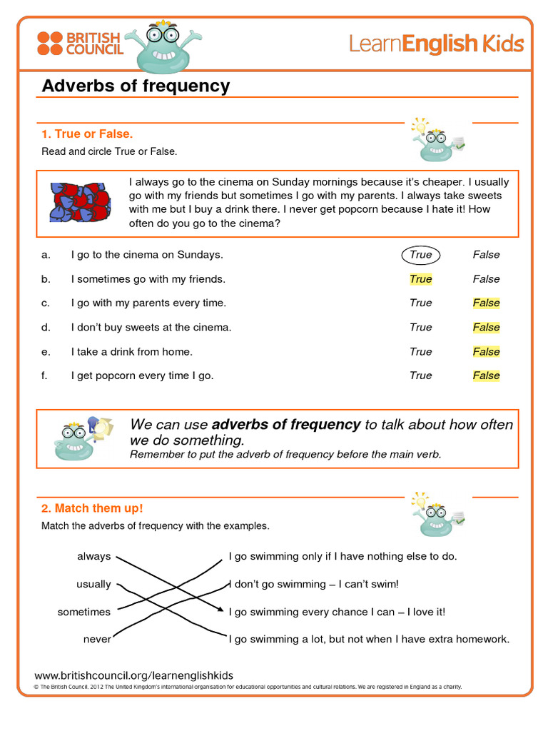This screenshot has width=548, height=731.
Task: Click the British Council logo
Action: [79, 44]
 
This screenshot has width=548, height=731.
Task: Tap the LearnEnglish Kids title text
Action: [436, 44]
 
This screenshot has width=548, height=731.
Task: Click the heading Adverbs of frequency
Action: [136, 86]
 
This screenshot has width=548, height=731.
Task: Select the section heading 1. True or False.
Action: [87, 134]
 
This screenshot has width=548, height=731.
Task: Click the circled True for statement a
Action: [421, 255]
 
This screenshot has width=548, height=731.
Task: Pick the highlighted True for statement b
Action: [421, 279]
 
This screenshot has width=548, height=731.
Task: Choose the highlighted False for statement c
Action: [486, 303]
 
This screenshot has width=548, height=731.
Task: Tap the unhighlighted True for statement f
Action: [421, 375]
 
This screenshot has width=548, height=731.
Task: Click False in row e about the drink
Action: [486, 351]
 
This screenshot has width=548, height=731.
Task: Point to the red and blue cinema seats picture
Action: [79, 202]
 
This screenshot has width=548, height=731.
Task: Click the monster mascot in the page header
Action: [162, 47]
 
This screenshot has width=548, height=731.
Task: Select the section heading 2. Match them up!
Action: [92, 508]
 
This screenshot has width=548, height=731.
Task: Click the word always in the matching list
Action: [94, 556]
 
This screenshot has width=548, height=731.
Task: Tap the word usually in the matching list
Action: [93, 584]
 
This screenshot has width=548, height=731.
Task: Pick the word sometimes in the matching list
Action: [84, 612]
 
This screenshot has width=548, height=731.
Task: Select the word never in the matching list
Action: [97, 640]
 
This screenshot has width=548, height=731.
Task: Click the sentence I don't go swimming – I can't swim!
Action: [314, 584]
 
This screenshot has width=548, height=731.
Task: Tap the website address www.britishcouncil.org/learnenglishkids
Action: [133, 675]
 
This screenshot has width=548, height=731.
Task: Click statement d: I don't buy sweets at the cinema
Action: [151, 328]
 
